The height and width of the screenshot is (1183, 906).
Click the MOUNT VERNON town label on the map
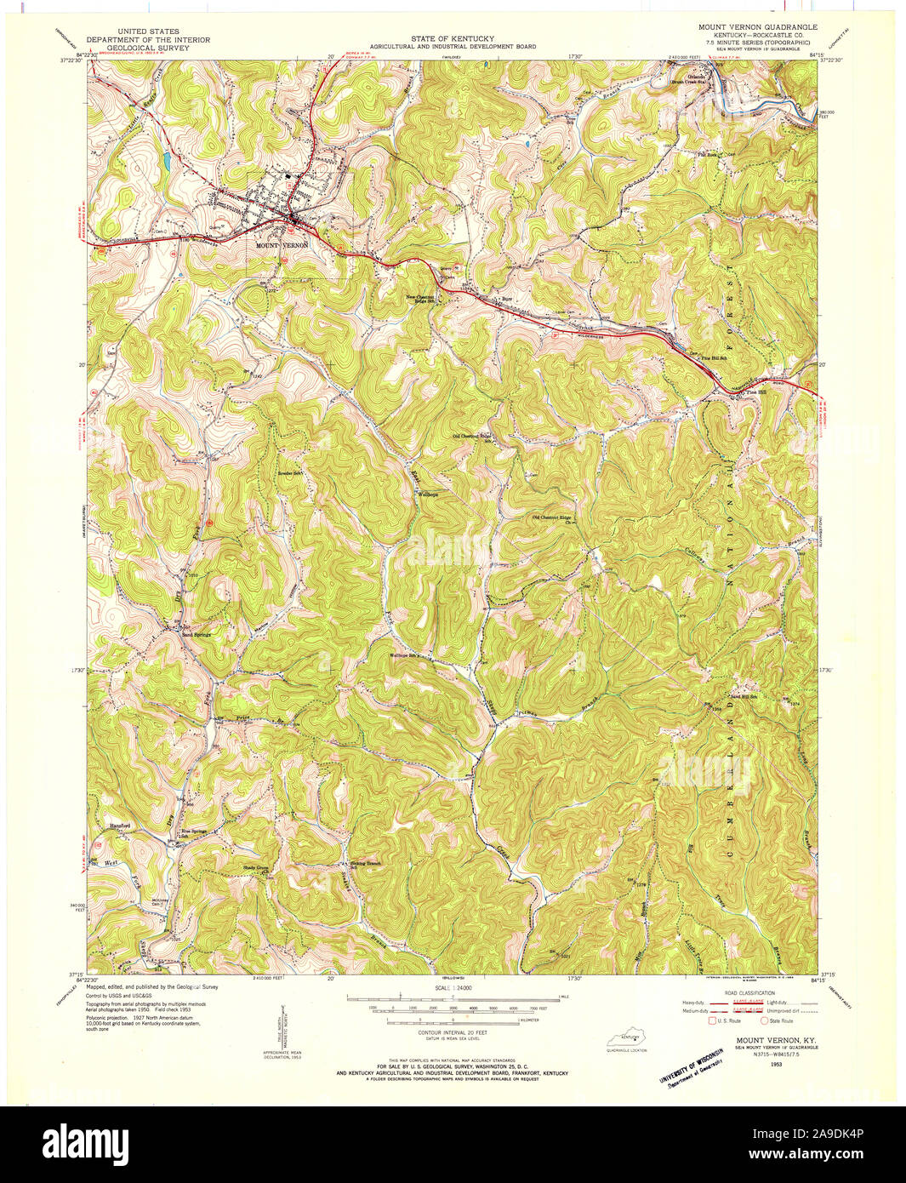tap(280, 244)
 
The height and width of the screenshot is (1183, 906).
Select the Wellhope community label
tap(427, 494)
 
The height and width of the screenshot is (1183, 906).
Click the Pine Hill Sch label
tap(714, 358)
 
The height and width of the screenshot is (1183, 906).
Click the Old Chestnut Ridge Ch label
tap(556, 517)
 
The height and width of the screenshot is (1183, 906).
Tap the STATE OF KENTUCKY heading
tap(453, 39)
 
